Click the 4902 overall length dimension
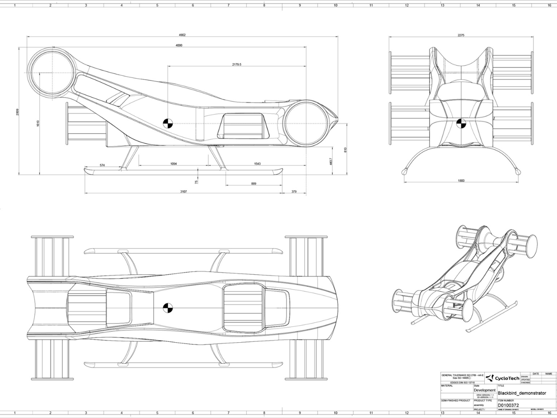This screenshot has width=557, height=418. pos(183,35)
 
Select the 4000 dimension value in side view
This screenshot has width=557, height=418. pos(179,45)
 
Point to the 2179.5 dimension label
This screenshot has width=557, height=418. pos(237,64)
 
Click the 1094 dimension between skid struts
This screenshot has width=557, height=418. pos(173,164)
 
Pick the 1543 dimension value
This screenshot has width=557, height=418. pos(257,164)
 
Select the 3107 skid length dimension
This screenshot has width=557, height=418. pos(184,192)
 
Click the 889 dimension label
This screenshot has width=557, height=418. pos(254,183)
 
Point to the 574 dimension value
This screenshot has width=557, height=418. pos(102,165)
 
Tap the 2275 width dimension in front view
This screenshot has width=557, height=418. pos(461,35)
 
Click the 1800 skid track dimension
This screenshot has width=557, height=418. pos(461,180)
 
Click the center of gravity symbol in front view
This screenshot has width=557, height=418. pos(461,124)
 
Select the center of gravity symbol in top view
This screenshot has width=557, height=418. pos(168,308)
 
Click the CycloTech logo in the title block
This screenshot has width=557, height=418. pos(502,378)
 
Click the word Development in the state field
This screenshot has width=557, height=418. pos(484,390)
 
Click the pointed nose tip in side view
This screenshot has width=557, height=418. pos(338,118)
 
